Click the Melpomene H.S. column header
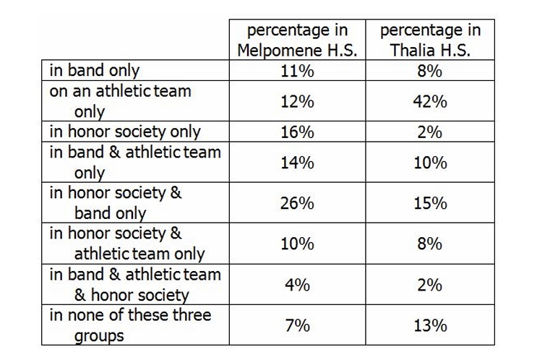[297, 40]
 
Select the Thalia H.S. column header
[430, 40]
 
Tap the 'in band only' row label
[95, 71]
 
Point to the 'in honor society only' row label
[124, 132]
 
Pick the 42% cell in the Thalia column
[430, 102]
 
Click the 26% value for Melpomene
[297, 204]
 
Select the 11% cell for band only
[297, 71]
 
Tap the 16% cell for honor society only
[297, 132]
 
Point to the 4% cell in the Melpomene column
[297, 285]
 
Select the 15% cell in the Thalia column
[430, 204]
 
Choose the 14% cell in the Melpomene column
[297, 163]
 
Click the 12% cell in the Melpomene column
[297, 102]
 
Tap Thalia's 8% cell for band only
[430, 71]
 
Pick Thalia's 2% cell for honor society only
[430, 132]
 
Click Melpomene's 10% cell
[297, 244]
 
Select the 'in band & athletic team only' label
[135, 162]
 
